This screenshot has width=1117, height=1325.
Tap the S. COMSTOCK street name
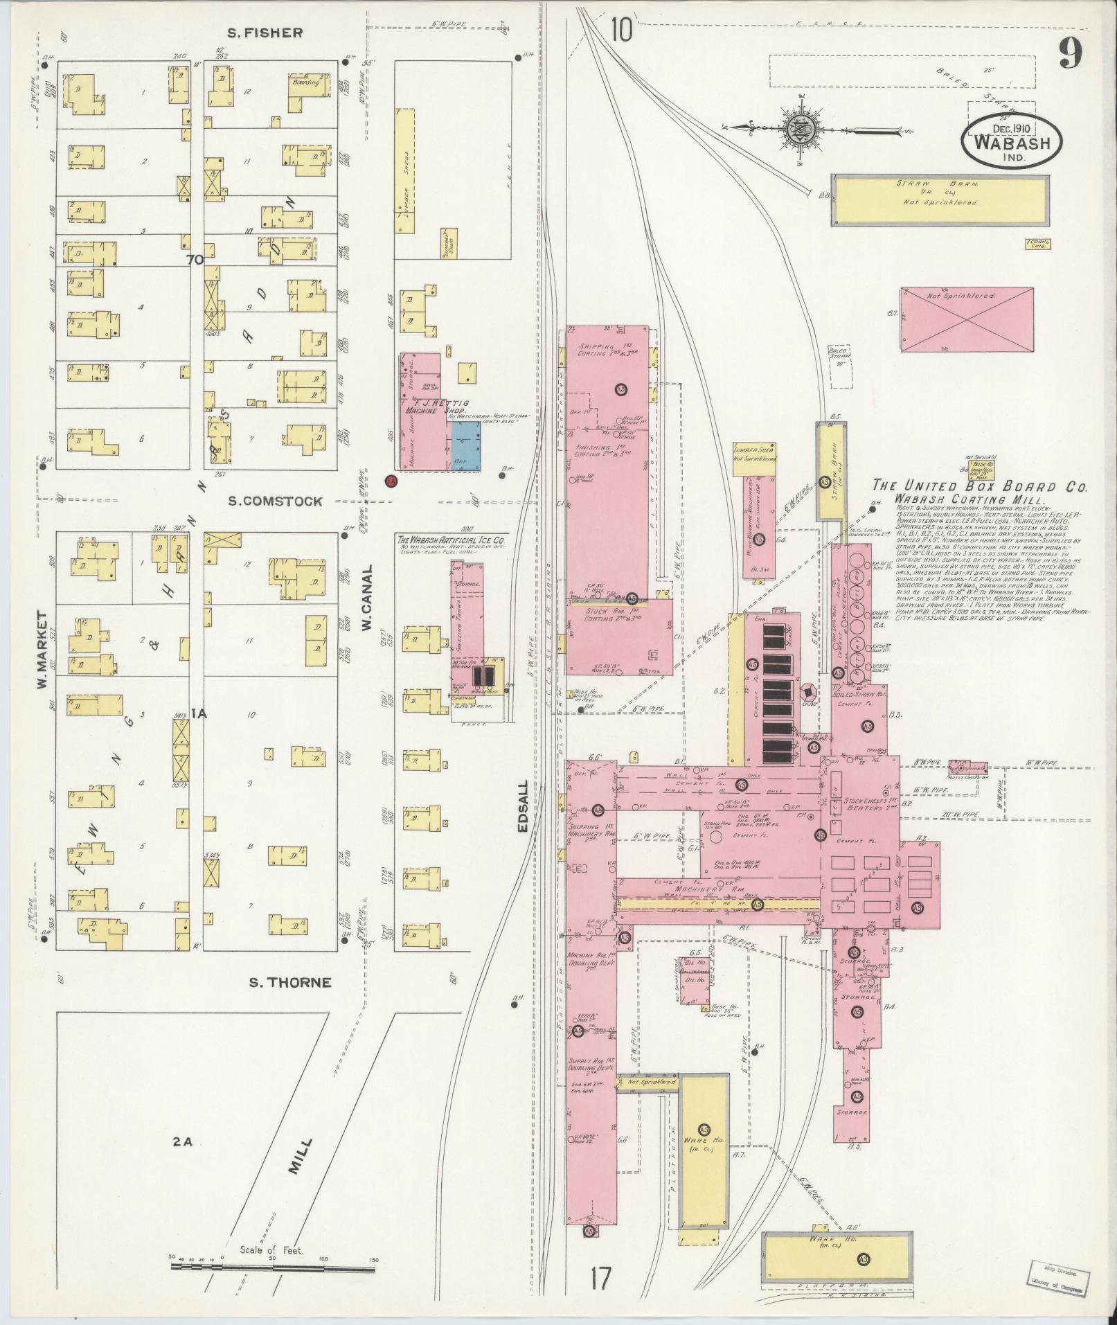click(x=276, y=501)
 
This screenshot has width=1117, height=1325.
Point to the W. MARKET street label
click(x=42, y=650)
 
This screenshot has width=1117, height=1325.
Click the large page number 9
click(x=1070, y=53)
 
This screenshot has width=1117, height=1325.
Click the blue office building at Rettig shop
click(x=467, y=447)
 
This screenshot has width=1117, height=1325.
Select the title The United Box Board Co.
click(x=979, y=486)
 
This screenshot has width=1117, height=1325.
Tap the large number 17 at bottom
click(x=601, y=1279)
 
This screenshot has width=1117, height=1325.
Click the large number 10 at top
click(x=621, y=30)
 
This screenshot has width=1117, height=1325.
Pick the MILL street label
click(x=298, y=1159)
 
